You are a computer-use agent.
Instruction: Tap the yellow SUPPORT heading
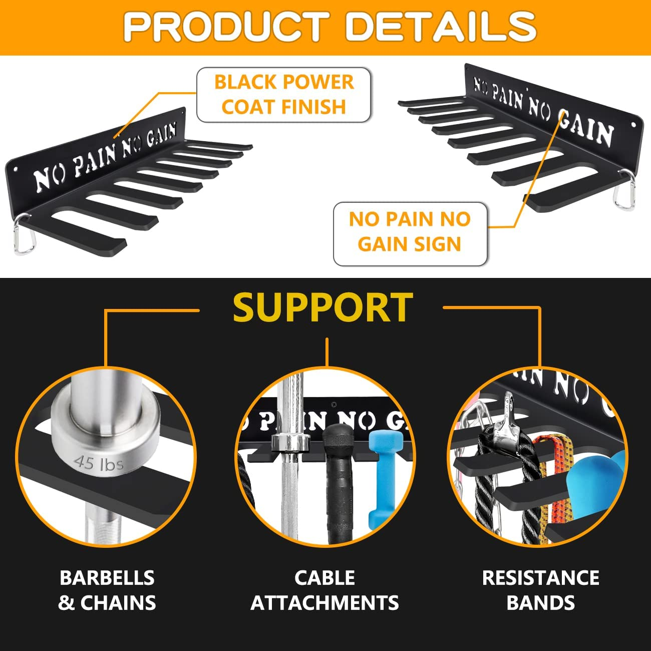[323, 307]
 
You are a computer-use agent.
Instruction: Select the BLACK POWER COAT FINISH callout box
[284, 95]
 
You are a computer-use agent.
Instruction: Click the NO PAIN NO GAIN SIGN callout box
[410, 232]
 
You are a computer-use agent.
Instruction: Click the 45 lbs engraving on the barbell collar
[99, 463]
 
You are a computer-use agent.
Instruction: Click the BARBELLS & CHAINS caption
[107, 590]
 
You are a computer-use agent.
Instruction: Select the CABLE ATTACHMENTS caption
[324, 590]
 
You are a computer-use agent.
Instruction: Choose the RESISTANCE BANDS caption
[540, 590]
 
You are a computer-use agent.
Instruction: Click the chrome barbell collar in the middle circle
[289, 443]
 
